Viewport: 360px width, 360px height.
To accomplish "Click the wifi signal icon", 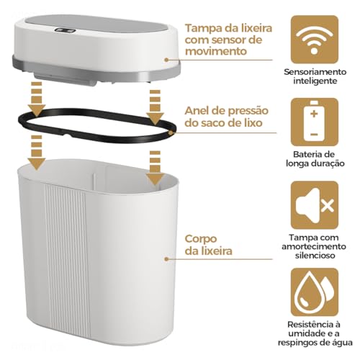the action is click(x=315, y=40).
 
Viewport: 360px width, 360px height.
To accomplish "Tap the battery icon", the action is click(x=315, y=122).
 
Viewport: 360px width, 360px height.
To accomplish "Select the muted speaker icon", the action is click(x=315, y=204).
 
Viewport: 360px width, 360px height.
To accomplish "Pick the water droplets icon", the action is click(x=315, y=292).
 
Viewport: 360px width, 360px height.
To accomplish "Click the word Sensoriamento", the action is click(x=315, y=72).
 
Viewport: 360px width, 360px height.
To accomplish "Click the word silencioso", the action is click(x=315, y=256).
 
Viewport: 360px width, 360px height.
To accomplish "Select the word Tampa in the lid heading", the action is click(x=203, y=29).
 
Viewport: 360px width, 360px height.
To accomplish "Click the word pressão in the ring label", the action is click(x=248, y=112).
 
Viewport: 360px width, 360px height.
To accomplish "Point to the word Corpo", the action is click(x=201, y=239).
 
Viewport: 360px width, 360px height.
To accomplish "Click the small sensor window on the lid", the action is click(x=66, y=30).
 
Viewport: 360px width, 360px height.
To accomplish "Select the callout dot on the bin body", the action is click(x=166, y=259).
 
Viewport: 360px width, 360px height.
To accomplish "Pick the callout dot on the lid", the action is click(x=166, y=60).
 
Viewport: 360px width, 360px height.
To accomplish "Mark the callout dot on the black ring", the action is click(x=171, y=132).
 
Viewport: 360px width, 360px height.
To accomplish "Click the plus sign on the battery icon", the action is click(x=314, y=114).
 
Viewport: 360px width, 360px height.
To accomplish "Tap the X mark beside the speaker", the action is click(x=328, y=206).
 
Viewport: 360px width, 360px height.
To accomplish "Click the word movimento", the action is click(x=216, y=51).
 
